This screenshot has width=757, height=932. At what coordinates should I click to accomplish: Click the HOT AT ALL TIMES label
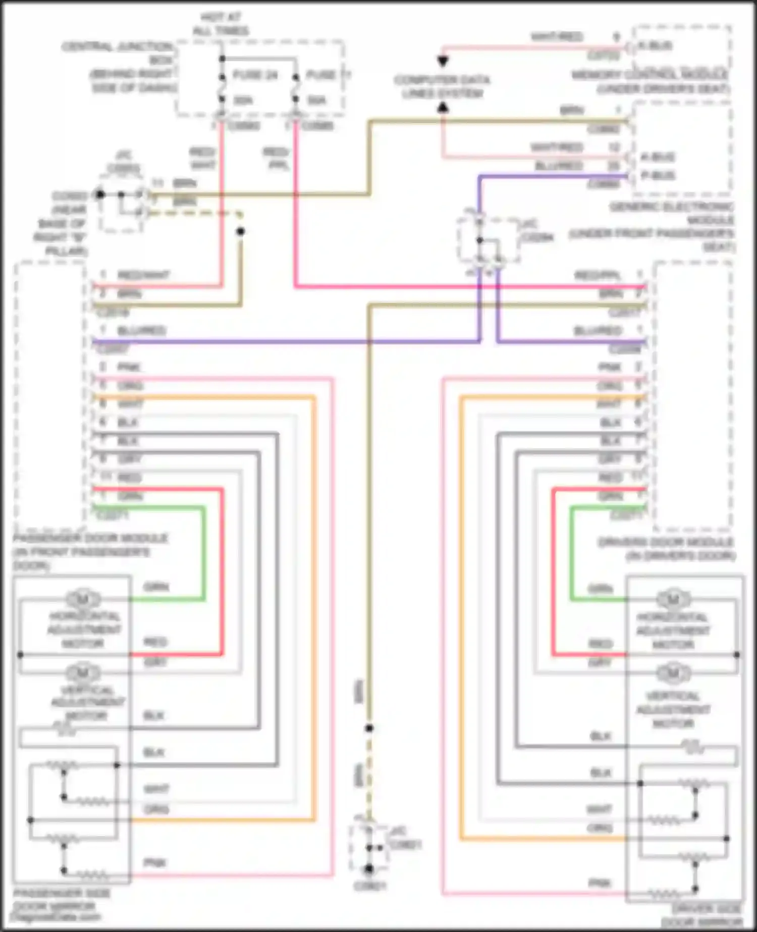tap(221, 24)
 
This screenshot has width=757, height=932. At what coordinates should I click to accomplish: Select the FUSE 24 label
tap(255, 75)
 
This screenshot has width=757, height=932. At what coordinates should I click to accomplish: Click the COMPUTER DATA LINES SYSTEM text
tap(442, 87)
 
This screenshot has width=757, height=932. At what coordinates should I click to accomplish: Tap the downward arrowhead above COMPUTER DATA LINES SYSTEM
tap(443, 62)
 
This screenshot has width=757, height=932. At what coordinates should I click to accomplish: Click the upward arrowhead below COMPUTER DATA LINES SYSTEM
tap(443, 107)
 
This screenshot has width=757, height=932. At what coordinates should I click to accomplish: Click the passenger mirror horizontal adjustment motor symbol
tap(83, 599)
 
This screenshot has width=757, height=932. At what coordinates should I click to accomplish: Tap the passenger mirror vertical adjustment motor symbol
tap(83, 673)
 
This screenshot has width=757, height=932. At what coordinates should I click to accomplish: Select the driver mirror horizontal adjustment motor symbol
tap(673, 599)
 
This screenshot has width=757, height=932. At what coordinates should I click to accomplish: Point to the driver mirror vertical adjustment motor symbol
tap(673, 673)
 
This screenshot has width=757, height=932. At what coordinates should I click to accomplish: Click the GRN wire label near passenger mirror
tap(156, 587)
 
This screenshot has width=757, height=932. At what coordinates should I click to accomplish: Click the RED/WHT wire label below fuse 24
tap(203, 158)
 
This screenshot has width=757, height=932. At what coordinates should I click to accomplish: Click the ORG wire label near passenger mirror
tap(156, 809)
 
